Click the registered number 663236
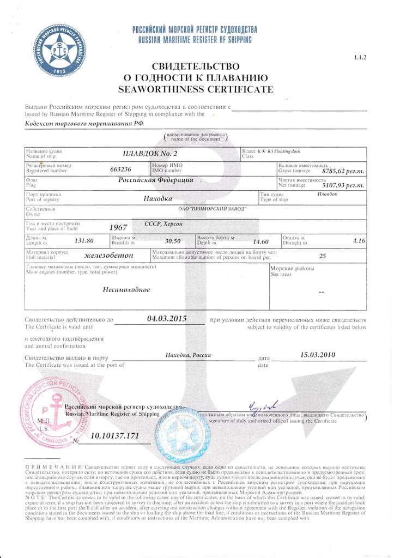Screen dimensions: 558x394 coord(120,169)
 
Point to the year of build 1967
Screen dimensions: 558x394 coord(118,228)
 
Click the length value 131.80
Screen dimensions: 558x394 coord(84,240)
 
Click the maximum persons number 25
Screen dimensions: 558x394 coord(322,256)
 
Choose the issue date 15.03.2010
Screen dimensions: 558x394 coord(318,355)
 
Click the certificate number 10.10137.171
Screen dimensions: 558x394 coord(115,436)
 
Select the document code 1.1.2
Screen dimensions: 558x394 coord(361,57)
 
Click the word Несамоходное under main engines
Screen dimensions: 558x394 coord(126,289)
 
